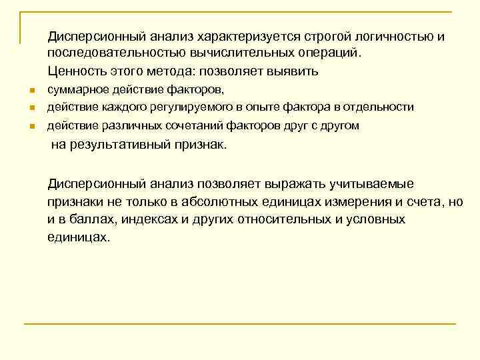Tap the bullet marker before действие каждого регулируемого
31,107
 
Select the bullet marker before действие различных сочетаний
31,126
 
